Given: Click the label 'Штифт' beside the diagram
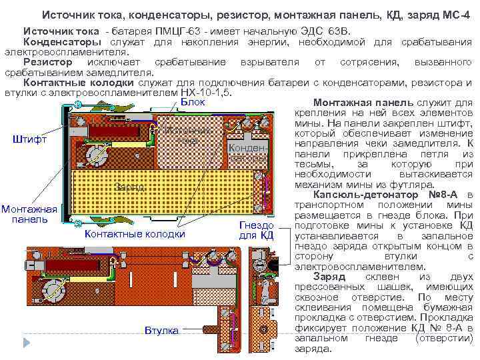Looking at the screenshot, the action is tap(30, 140).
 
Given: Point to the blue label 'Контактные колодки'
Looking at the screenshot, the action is tap(136, 234).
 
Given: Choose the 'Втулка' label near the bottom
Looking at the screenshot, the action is tap(161, 331).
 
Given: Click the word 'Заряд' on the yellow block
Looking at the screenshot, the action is tap(128, 187).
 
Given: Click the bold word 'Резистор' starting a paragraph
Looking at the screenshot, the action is tap(49, 62).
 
